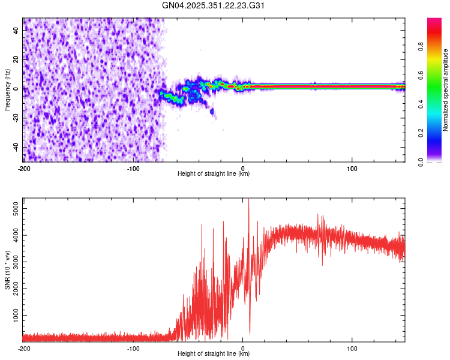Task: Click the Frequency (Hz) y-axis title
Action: point(7,90)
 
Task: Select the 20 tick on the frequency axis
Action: point(17,59)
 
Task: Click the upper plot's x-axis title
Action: point(214,174)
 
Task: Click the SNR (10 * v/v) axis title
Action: point(7,270)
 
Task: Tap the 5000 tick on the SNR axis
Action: point(13,206)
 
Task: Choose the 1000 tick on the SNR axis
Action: point(13,315)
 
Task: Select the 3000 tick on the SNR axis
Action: point(13,261)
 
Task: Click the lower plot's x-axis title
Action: point(214,354)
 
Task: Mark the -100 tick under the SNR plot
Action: point(133,348)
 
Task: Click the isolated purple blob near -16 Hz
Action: point(211,111)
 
